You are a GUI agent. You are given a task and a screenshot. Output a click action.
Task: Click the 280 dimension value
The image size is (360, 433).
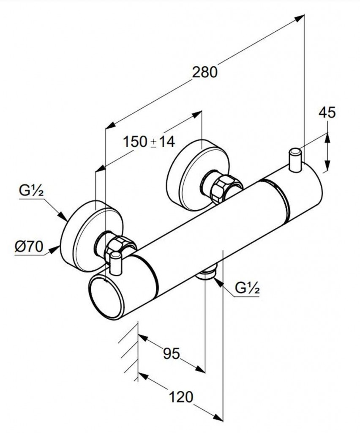pos(205,72)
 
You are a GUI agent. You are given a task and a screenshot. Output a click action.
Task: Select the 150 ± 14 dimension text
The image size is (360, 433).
pos(149,142)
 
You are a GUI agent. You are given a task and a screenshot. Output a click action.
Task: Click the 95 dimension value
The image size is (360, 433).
pos(172,353)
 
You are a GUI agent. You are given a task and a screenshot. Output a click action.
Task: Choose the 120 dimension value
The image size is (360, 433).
pos(181,397)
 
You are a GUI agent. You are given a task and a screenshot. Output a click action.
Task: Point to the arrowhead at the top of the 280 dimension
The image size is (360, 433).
pos(300,18)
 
